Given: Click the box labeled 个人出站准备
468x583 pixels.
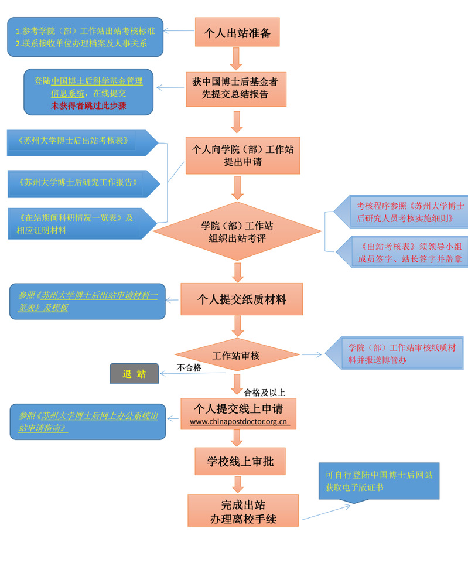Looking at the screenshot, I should coord(237,32).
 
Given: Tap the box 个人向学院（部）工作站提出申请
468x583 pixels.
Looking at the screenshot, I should coord(242,155).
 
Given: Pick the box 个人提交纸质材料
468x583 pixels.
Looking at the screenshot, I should coord(241,299).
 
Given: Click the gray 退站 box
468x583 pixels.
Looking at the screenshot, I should coord(134,374).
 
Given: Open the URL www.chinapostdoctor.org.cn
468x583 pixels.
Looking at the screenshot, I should coord(238,421).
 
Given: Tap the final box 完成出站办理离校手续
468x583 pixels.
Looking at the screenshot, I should coord(242,510).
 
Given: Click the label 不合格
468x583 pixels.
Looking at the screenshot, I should coord(189,368).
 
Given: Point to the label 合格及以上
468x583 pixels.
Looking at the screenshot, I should coord(264,393).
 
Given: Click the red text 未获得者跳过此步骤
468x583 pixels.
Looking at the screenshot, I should coord(88,105).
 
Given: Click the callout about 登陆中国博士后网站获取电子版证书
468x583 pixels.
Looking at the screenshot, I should coord(378,480).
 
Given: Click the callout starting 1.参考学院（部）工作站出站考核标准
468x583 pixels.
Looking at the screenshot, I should coord(85,36).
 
